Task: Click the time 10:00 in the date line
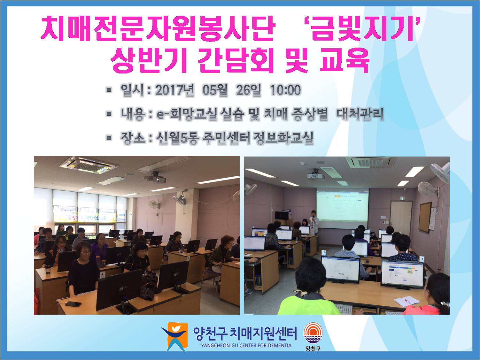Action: coord(285,90)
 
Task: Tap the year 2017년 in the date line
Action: coord(174,90)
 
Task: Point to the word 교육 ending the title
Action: coord(345,60)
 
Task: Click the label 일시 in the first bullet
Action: coord(132,90)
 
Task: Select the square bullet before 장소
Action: coord(109,138)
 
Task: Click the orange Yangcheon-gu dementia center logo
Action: coord(175,337)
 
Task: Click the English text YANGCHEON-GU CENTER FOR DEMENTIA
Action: coord(246,346)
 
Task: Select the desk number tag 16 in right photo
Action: coord(422,259)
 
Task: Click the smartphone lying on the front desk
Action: coord(74,304)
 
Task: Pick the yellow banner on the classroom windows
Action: coord(85,217)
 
